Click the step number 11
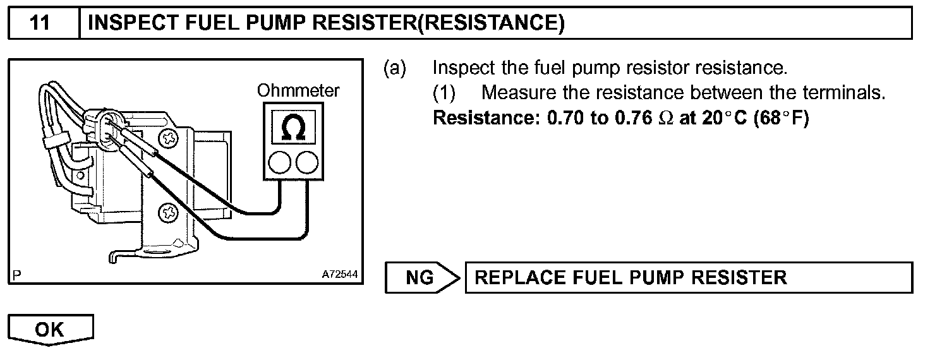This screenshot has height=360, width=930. [x=40, y=23]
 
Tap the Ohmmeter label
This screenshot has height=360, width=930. [x=298, y=91]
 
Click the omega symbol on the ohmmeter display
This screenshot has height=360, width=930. [x=292, y=128]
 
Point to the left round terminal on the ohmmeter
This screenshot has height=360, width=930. [x=279, y=163]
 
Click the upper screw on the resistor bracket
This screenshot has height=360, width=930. [x=169, y=137]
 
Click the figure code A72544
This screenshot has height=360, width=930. [x=340, y=275]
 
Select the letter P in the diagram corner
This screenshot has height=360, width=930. [x=16, y=275]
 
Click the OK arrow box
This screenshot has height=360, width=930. [x=51, y=329]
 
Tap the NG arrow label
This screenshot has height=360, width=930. [x=420, y=278]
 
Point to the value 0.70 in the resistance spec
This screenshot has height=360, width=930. [x=565, y=119]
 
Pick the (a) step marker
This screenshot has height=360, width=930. [x=396, y=68]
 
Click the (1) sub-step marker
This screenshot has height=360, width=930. [x=444, y=93]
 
